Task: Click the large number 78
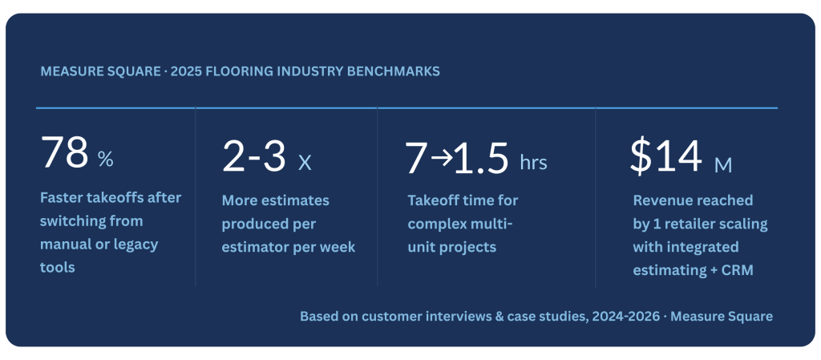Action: coord(64,152)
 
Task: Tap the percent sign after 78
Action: coord(105,159)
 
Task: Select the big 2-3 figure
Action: coord(254,156)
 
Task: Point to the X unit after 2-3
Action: coord(304,164)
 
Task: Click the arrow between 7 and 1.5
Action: coord(442,158)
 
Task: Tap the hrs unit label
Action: coord(533,162)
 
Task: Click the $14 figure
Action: coord(665,156)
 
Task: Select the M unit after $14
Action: coord(724,165)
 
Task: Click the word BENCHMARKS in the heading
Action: coord(399,71)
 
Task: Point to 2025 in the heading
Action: coord(186,71)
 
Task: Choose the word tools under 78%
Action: coord(58,267)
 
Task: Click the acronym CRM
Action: coord(738,270)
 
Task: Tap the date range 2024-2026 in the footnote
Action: coord(626,317)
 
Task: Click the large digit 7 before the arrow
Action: coord(418,156)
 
